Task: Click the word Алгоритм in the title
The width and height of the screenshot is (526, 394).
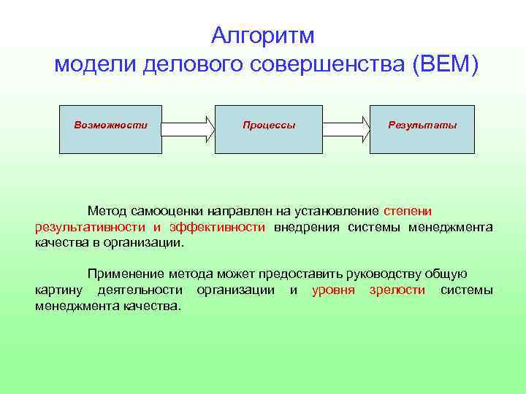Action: click(262, 35)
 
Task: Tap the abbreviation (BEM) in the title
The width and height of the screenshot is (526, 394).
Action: click(445, 64)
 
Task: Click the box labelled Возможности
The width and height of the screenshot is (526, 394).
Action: click(110, 129)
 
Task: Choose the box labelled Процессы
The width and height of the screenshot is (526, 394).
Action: click(268, 129)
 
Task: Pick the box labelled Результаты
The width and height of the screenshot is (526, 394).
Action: click(422, 129)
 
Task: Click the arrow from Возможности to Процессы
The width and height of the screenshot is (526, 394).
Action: click(188, 129)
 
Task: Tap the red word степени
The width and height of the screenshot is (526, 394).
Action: click(412, 211)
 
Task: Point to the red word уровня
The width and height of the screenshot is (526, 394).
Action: click(333, 290)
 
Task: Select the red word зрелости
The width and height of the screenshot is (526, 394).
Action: click(399, 290)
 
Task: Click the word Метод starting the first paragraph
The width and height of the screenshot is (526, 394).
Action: click(107, 211)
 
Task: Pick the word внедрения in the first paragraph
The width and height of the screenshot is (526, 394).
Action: click(307, 227)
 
